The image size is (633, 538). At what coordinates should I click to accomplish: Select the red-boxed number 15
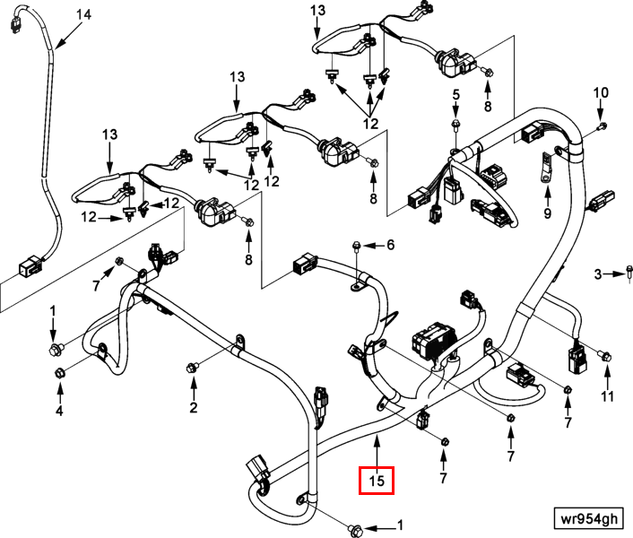[x=377, y=481]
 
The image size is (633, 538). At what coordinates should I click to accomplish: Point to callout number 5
[x=455, y=95]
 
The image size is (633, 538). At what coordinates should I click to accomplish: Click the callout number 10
[x=601, y=92]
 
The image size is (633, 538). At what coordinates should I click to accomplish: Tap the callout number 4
[x=59, y=412]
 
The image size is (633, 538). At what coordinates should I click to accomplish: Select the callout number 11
[x=608, y=395]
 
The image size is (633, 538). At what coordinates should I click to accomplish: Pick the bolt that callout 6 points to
[x=357, y=244]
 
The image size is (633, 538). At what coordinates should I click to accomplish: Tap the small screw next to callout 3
[x=628, y=273]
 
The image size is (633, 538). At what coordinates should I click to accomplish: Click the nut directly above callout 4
[x=59, y=372]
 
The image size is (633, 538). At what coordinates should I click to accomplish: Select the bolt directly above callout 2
[x=192, y=368]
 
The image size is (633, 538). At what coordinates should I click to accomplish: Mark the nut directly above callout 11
[x=607, y=358]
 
